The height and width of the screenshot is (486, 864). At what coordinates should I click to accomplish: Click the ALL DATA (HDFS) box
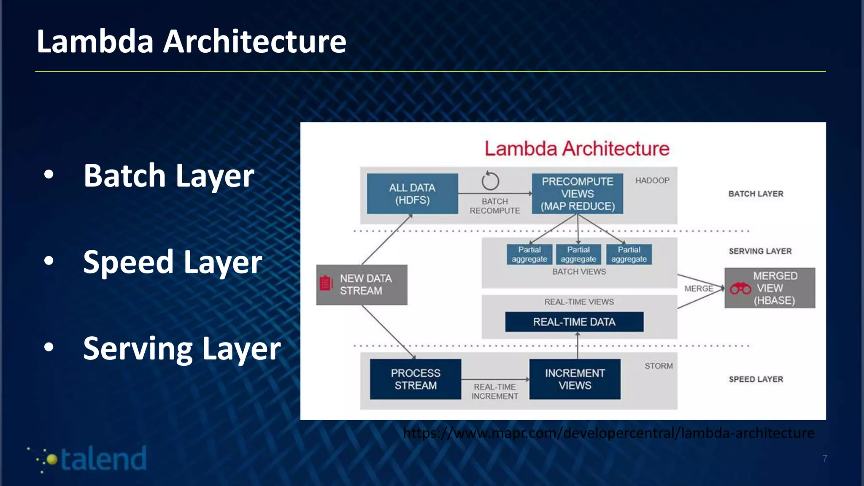(412, 194)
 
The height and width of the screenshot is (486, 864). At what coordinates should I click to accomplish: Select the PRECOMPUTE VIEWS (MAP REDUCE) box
(577, 194)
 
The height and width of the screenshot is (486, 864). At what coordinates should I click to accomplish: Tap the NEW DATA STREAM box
(362, 285)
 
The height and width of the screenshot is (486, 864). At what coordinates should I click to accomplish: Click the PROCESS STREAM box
(415, 379)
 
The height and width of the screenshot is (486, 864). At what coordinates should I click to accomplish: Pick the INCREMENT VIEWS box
(575, 379)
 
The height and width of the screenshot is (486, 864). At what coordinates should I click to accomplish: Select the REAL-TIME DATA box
(574, 322)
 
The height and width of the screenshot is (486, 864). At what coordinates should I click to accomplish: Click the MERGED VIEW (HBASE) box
(770, 288)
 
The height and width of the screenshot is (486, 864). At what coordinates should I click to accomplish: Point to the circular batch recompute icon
(490, 181)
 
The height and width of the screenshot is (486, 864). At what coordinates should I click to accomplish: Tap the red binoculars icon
(740, 289)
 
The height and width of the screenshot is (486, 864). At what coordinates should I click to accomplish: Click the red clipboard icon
(326, 283)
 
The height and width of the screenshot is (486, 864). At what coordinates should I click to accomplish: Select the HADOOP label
(652, 181)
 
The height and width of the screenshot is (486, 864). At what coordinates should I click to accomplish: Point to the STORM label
(659, 366)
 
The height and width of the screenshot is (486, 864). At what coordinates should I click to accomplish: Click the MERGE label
(699, 289)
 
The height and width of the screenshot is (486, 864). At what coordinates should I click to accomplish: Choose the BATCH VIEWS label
(579, 272)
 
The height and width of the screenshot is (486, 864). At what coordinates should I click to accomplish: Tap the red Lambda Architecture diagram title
(577, 148)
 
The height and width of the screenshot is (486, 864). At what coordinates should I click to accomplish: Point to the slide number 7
(825, 459)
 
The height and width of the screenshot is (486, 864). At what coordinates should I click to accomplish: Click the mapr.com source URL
(608, 433)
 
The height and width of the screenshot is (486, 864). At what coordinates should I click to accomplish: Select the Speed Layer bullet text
(173, 262)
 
